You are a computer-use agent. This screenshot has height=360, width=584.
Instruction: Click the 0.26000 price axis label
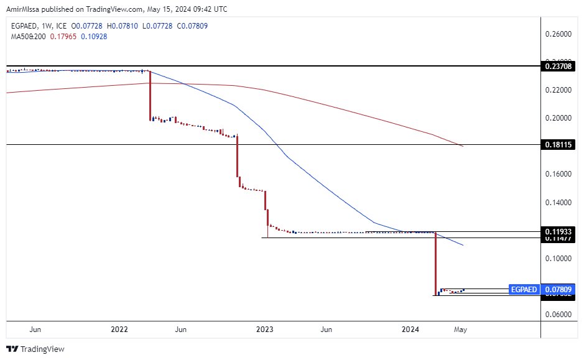558,34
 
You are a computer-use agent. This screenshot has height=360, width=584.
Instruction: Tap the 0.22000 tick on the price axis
558,90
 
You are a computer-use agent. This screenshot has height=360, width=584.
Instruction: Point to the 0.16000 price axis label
558,174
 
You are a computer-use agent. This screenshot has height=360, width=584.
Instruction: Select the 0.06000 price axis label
558,314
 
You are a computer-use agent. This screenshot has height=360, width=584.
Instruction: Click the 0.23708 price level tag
558,65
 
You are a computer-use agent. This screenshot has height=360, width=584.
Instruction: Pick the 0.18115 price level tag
558,144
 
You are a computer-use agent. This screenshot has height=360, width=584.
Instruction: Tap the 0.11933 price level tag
558,231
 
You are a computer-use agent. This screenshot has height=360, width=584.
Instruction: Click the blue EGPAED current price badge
523,289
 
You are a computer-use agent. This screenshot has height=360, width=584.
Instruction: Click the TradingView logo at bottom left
35,349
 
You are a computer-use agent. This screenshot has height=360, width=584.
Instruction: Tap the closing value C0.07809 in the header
172,27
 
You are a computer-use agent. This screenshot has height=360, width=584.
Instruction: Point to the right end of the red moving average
463,147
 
